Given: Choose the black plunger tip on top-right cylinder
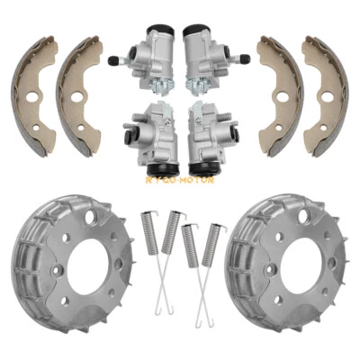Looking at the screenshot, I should [247, 60].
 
